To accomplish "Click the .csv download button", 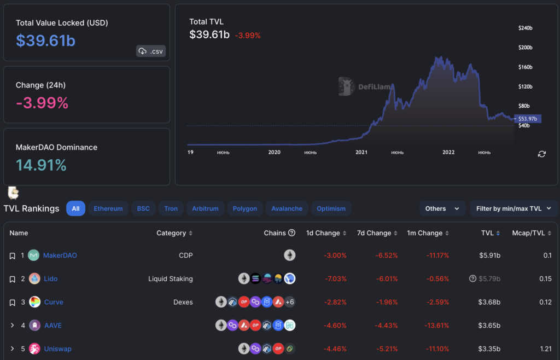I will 150,51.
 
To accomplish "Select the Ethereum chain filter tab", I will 108,208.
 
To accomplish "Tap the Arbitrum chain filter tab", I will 206,208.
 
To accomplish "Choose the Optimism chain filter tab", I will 331,208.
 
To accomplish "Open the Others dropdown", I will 442,208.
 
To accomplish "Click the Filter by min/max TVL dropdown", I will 514,208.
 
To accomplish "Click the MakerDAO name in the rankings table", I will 60,256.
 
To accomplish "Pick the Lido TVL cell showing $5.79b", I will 489,279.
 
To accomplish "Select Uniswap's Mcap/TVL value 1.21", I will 544,349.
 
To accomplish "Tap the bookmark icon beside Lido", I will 12,279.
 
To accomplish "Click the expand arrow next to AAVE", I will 12,326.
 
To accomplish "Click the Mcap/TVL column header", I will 528,233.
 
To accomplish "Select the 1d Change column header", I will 323,233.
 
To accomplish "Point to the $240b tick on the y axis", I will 526,28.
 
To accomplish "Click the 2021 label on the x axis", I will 361,153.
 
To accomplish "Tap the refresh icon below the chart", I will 541,154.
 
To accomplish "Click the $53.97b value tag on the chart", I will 528,119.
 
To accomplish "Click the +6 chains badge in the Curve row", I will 290,302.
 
